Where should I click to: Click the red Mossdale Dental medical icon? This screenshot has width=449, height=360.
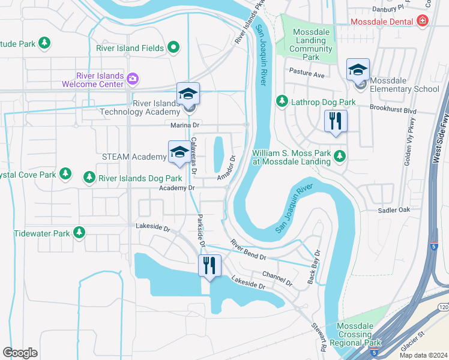click(x=423, y=22)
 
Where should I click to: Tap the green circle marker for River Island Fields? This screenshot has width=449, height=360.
click(x=173, y=47)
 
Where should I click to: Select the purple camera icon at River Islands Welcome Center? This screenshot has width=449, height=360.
click(x=133, y=79)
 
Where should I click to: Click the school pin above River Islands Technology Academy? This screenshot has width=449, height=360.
click(x=188, y=95)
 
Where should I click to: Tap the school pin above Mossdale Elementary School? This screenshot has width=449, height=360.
click(x=357, y=71)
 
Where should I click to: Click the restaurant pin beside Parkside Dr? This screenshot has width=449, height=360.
click(x=209, y=265)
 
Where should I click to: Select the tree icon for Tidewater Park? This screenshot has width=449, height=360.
click(x=79, y=232)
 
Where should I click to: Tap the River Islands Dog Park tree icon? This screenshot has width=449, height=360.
click(x=89, y=178)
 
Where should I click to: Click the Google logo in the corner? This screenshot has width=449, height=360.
click(x=20, y=352)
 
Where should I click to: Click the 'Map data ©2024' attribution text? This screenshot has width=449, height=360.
click(x=423, y=355)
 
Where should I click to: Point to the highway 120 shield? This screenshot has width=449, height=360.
click(x=443, y=307)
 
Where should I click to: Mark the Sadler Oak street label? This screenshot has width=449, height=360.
click(x=394, y=210)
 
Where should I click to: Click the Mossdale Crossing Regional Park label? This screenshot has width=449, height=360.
click(x=359, y=335)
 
